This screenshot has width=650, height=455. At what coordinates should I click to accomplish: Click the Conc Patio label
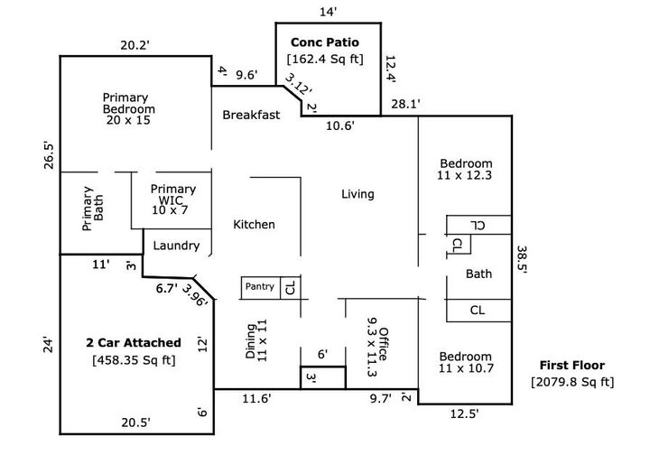325,42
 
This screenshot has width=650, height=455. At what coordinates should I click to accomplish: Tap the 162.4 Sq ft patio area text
325,59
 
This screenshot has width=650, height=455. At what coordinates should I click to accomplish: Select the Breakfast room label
251,115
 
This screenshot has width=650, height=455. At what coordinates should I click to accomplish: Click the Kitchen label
254,224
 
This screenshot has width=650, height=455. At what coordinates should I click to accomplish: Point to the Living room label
357,194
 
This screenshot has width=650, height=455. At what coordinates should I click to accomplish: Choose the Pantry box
261,288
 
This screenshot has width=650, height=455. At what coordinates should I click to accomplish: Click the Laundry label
176,246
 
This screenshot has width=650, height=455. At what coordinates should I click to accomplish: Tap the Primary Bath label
93,209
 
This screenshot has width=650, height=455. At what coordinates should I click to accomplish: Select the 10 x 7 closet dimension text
170,210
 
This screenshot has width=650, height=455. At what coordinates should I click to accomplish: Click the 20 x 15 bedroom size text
128,120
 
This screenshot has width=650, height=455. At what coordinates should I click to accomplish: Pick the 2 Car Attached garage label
134,343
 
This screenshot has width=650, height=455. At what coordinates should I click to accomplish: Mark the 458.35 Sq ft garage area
134,359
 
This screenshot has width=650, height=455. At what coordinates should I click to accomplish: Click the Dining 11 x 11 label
256,340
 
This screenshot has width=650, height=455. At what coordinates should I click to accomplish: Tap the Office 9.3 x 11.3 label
377,348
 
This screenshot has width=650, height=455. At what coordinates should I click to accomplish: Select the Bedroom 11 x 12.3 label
465,169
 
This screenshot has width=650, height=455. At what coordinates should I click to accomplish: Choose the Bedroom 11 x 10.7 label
466,362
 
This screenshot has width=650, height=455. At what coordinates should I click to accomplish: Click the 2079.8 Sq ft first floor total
572,382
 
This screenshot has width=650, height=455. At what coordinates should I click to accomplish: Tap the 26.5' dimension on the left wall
49,156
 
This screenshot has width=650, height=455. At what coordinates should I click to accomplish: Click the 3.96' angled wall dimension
194,295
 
